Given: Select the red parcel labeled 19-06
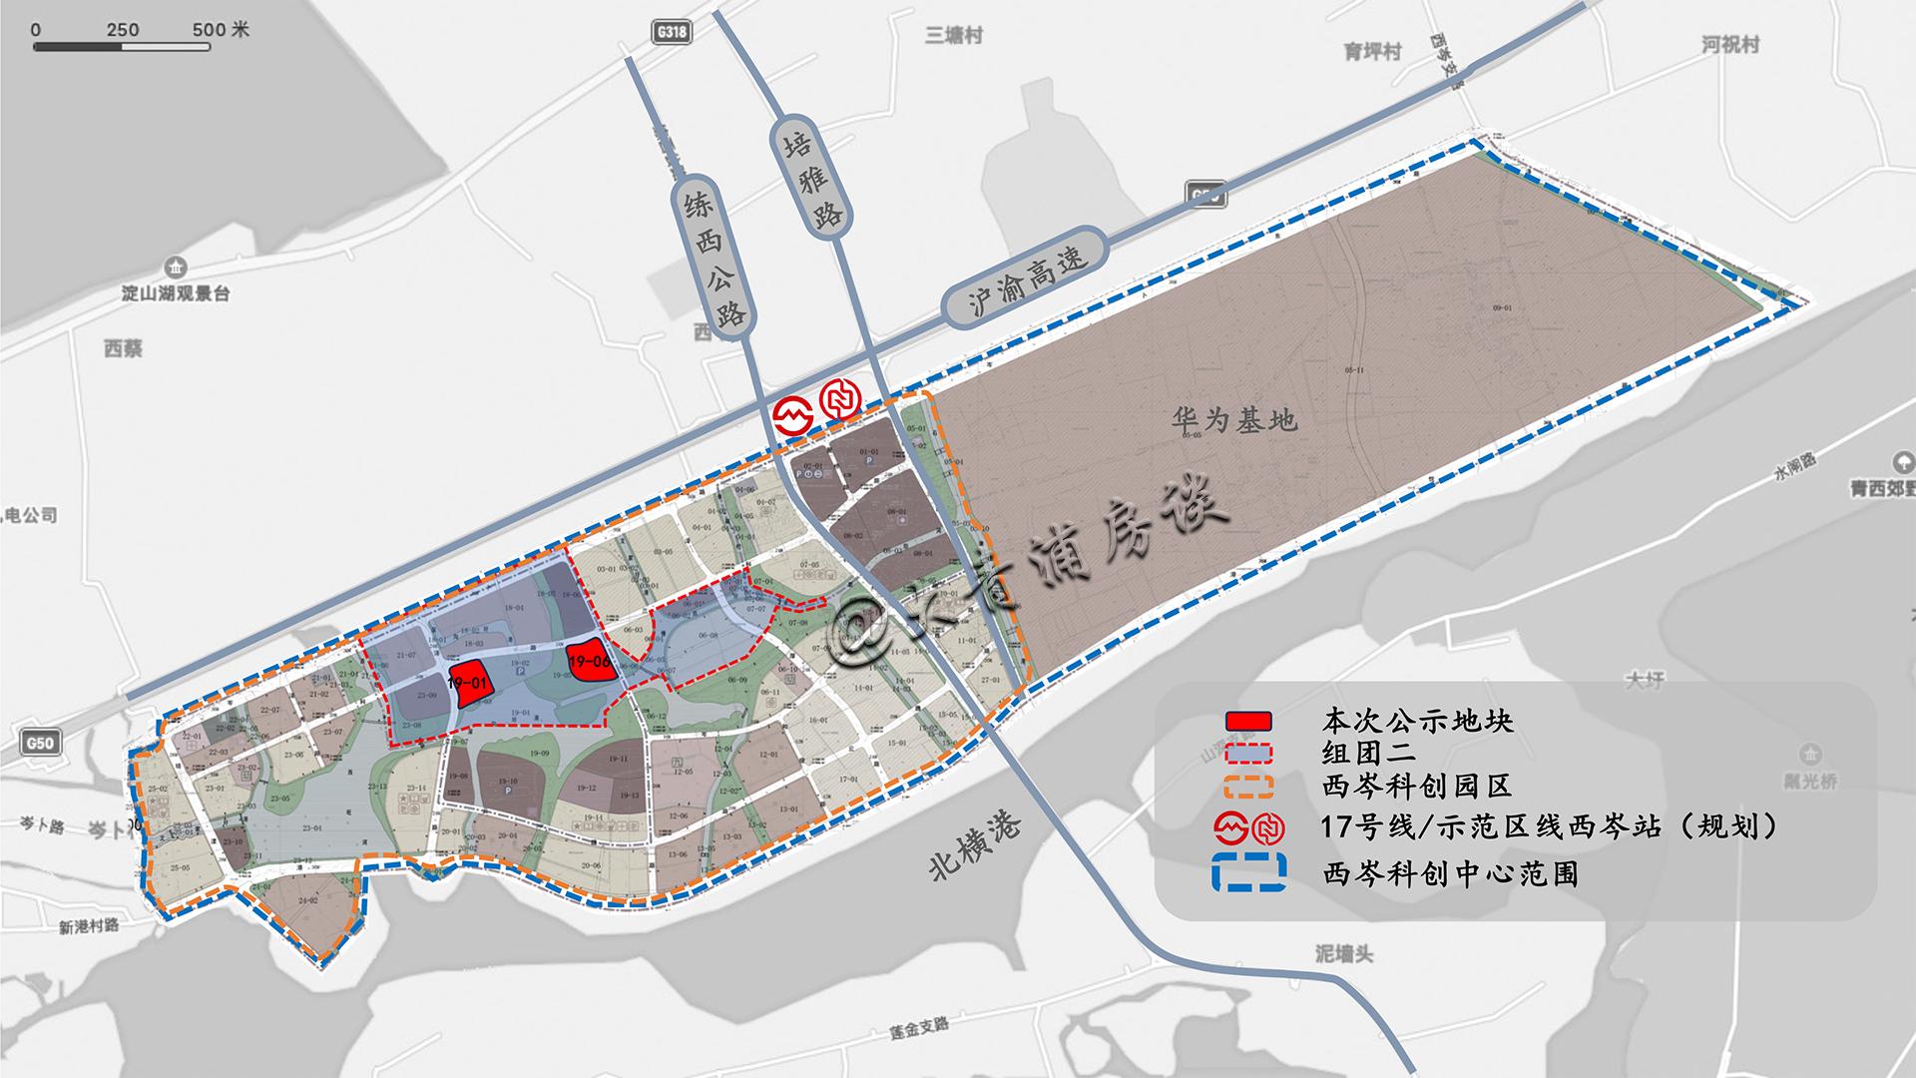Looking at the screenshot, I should click(x=589, y=660).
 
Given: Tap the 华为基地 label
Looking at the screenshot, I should click(x=1234, y=420).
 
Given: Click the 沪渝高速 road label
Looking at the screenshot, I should click(x=1028, y=278).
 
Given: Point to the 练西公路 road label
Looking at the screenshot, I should click(x=713, y=259).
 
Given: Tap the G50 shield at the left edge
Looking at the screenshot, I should click(x=40, y=743).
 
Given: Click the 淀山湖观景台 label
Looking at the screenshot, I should click(x=176, y=294).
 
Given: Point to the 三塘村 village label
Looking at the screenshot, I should click(x=954, y=36).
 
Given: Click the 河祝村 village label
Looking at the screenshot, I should click(x=1730, y=45).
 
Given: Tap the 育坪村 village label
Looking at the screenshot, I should click(x=1373, y=52).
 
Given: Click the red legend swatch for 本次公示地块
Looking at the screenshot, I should click(x=1247, y=721).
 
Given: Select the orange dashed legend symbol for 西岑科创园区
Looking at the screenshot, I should click(x=1247, y=786).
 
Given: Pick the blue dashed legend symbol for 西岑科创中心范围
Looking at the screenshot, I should click(x=1247, y=873).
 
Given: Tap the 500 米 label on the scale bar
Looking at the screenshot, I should click(x=221, y=30).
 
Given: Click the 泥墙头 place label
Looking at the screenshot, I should click(x=1343, y=954).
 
